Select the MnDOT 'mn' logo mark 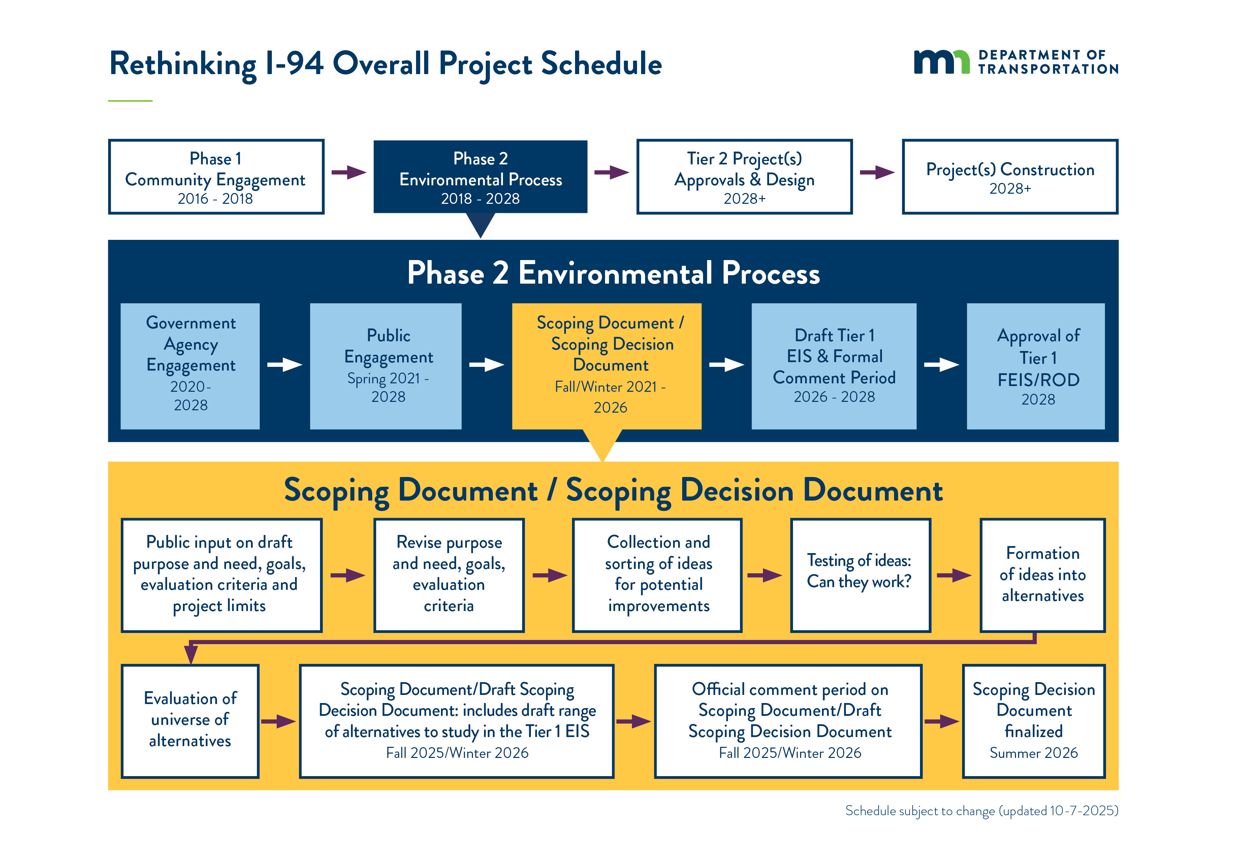(941, 62)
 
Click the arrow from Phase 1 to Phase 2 (348, 172)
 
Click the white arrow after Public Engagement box (486, 365)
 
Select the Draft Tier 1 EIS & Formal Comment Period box (834, 366)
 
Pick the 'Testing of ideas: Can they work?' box (860, 575)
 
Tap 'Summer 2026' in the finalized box (1034, 753)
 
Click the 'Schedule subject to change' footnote (981, 810)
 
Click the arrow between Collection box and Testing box (764, 575)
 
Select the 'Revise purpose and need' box (449, 575)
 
